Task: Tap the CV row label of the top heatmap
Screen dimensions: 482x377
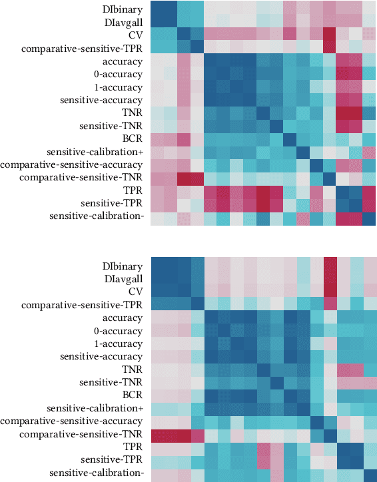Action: pos(136,35)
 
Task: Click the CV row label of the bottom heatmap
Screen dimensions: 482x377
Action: pos(136,292)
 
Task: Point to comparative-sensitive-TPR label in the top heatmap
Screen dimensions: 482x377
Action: pos(82,48)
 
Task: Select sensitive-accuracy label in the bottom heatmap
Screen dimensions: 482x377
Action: pos(102,356)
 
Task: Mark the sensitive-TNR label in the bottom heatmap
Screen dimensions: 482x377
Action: pos(111,382)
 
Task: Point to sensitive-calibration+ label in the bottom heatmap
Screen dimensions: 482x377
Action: pos(96,408)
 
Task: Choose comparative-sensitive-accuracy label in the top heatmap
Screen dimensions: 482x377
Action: pos(73,164)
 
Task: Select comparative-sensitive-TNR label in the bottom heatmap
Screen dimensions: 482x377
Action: pos(81,434)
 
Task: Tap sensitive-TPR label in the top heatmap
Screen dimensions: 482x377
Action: pos(112,203)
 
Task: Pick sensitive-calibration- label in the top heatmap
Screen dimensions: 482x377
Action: pos(97,216)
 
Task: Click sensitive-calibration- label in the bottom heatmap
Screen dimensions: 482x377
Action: pos(97,473)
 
